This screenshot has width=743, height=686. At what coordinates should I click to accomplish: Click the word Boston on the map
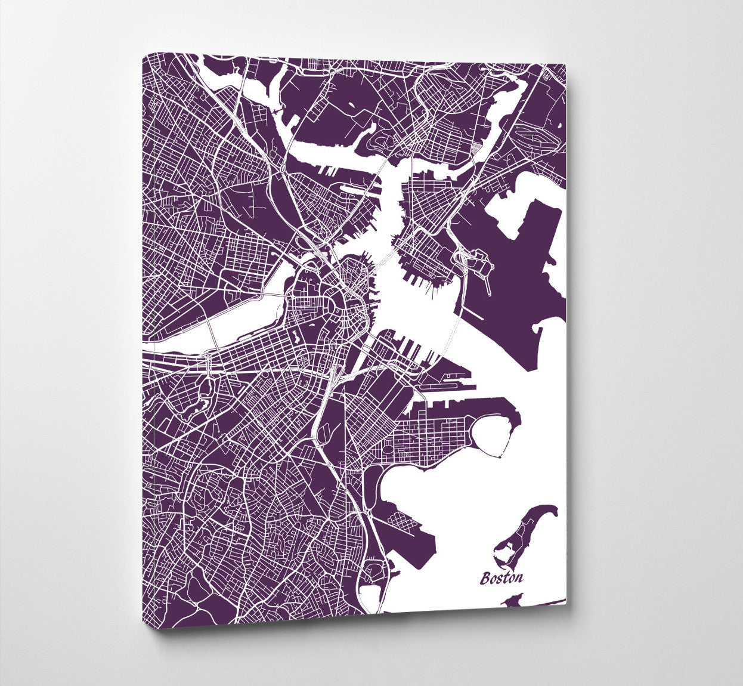tap(502, 577)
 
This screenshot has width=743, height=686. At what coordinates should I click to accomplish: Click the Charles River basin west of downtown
tap(239, 322)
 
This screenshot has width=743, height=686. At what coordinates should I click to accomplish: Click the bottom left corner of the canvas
tap(154, 628)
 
